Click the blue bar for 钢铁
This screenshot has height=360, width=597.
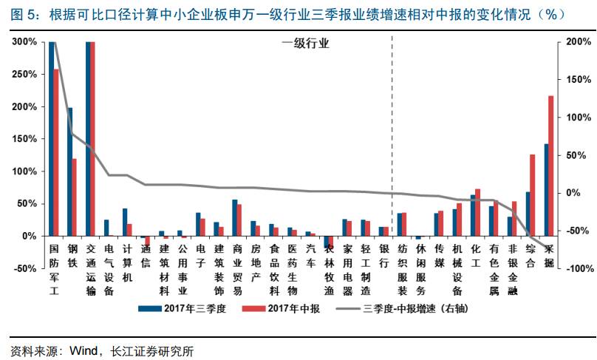(x=70, y=171)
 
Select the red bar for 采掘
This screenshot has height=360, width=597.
(x=550, y=166)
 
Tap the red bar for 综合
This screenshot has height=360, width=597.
(x=532, y=195)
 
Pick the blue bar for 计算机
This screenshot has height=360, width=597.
(x=125, y=222)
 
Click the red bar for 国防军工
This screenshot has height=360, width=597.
(x=55, y=152)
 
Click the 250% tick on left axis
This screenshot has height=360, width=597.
(x=24, y=75)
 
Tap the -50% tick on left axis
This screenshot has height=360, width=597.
(x=24, y=268)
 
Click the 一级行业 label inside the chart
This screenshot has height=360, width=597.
(x=304, y=44)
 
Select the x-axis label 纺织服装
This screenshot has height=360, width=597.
(x=401, y=263)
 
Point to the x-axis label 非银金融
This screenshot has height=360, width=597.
(x=511, y=263)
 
